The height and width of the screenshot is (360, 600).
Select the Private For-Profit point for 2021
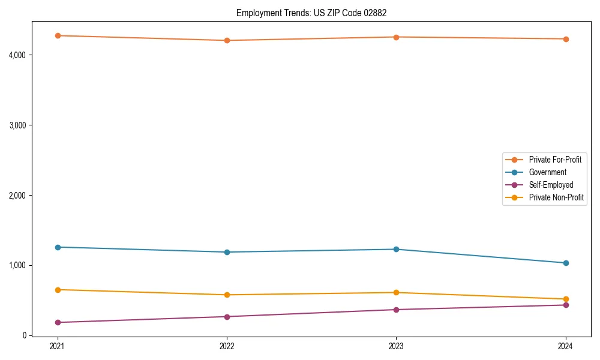click(58, 35)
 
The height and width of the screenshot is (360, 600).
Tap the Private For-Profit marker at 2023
click(396, 37)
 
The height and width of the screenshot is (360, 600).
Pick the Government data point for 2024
click(565, 263)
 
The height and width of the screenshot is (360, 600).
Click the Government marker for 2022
click(227, 252)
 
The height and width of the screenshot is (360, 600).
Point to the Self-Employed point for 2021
click(58, 322)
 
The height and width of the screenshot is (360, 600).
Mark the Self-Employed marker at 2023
click(396, 310)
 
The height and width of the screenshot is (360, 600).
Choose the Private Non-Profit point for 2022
click(227, 295)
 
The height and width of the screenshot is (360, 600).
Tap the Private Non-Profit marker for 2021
click(58, 290)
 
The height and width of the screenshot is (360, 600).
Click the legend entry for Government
click(547, 172)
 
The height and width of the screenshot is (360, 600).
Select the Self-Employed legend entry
click(551, 185)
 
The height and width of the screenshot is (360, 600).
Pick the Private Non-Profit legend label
click(556, 197)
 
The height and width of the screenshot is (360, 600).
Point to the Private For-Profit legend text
click(554, 160)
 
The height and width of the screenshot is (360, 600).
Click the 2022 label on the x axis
click(227, 346)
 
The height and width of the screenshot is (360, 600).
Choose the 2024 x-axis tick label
click(565, 346)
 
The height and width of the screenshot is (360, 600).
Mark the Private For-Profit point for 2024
click(565, 39)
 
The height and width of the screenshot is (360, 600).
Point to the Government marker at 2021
click(58, 247)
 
